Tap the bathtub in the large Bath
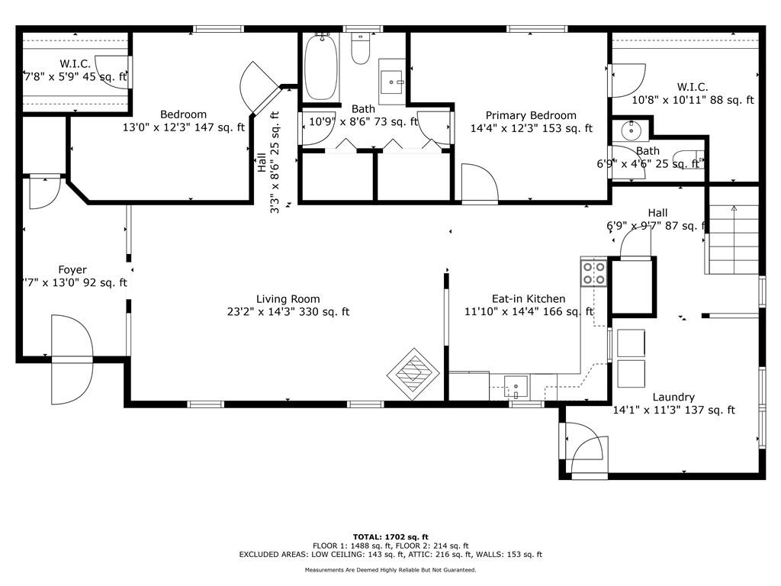tap(321, 67)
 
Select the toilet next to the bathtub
tap(360, 48)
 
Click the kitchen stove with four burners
tap(593, 272)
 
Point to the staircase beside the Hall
tap(731, 239)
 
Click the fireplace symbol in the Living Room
tap(413, 374)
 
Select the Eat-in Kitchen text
tap(529, 299)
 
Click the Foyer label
tap(72, 270)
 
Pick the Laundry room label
tap(673, 397)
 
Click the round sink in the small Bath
tap(631, 131)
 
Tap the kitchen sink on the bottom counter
tap(516, 387)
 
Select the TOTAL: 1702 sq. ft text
tap(390, 537)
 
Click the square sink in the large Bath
tap(392, 82)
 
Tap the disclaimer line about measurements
tap(390, 569)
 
